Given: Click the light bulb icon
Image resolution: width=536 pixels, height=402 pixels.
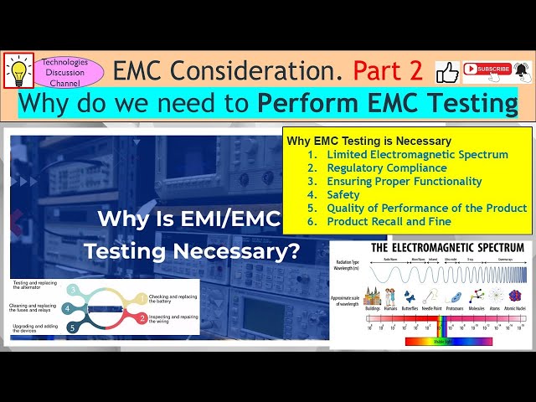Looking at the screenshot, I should pyautogui.click(x=18, y=70).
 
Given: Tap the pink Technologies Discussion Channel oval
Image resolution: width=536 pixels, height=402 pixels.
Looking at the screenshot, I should pyautogui.click(x=72, y=71).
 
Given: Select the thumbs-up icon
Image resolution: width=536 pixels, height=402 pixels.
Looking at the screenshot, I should pyautogui.click(x=447, y=72).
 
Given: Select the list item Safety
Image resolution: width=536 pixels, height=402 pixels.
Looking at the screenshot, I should pyautogui.click(x=343, y=194).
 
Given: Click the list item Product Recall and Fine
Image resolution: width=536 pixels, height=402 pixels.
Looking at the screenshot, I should pyautogui.click(x=389, y=221).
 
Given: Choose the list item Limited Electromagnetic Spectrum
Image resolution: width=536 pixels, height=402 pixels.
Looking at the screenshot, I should pyautogui.click(x=417, y=154).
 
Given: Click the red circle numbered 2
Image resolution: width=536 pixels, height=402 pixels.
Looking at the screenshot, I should pyautogui.click(x=142, y=317).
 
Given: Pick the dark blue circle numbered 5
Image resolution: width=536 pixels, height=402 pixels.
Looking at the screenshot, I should pyautogui.click(x=73, y=327).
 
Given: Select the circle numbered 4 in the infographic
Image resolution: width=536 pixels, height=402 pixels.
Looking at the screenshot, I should pyautogui.click(x=67, y=308).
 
